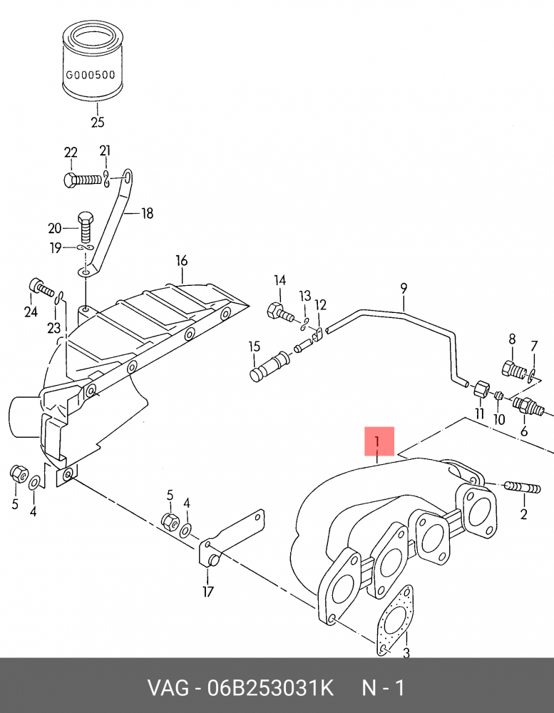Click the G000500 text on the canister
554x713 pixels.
tap(91, 75)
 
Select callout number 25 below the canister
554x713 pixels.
tap(98, 123)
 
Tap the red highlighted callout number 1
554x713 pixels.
tap(379, 441)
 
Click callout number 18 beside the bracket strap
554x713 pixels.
tap(147, 213)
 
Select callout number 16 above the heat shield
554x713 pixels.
tap(182, 260)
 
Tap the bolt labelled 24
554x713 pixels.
tap(41, 287)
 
